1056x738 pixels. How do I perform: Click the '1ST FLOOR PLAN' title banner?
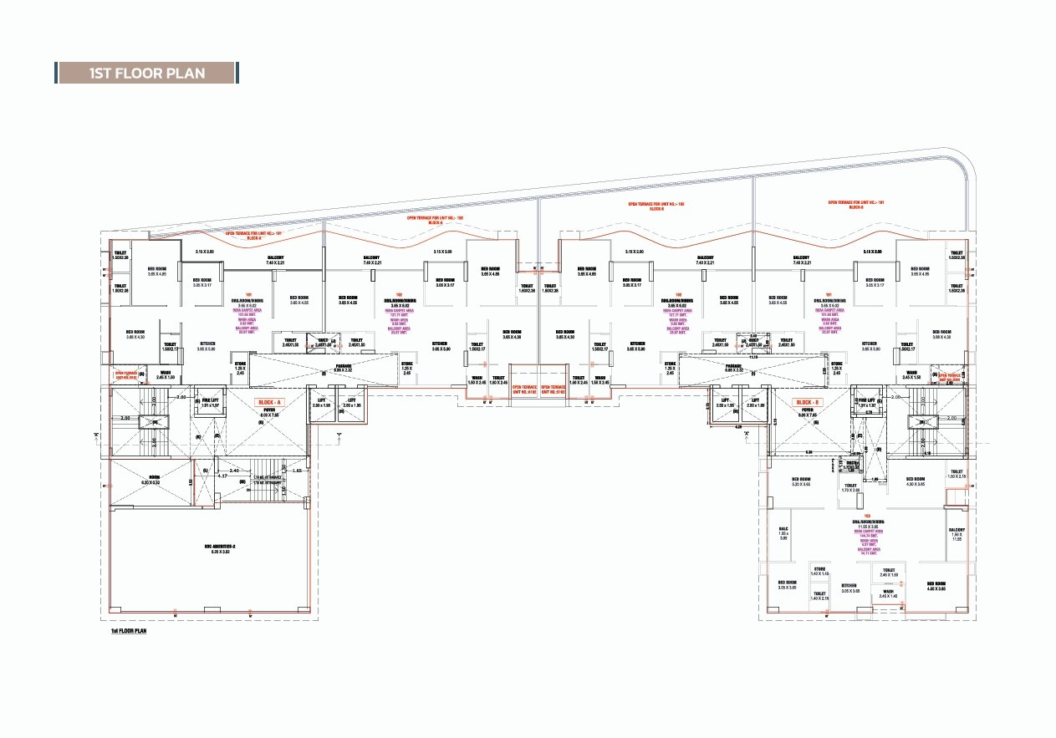point(146,73)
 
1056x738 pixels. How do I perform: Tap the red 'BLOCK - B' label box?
point(809,402)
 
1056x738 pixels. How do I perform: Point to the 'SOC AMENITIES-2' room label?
point(221,548)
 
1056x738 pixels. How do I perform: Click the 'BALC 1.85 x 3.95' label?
point(783,534)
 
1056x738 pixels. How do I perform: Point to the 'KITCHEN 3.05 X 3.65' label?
point(849,588)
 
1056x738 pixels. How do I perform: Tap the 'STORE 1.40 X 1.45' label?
point(819,573)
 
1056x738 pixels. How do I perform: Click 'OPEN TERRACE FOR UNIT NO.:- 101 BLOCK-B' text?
point(845,204)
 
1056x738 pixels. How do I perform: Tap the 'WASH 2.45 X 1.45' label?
point(888,594)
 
